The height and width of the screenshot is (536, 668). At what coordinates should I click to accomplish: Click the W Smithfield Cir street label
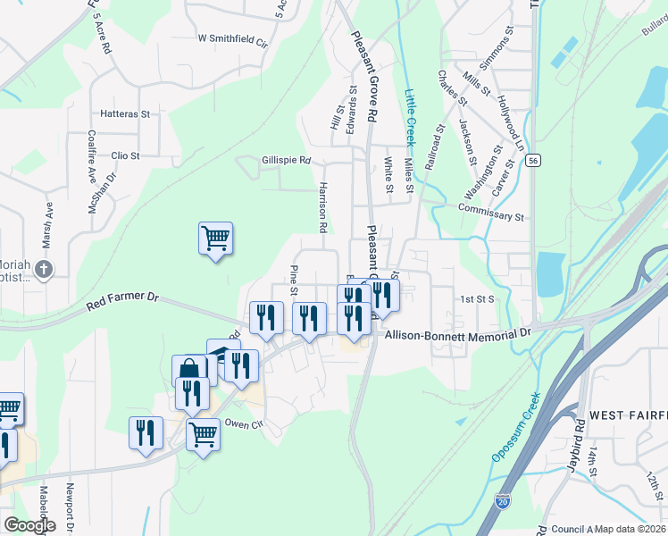point(233,40)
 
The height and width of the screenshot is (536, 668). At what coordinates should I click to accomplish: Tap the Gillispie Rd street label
point(286,161)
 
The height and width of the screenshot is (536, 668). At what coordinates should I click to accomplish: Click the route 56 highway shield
point(533,160)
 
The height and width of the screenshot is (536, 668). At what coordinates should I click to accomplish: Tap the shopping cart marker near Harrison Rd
point(215,239)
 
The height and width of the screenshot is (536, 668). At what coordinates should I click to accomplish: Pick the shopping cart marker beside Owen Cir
point(203,435)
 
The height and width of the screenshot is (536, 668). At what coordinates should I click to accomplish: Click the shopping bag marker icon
point(189,369)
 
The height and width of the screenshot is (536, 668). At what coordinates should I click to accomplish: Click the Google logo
point(29,525)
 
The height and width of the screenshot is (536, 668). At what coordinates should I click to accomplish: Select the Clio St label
point(125,155)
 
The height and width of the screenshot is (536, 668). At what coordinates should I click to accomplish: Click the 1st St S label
point(478,299)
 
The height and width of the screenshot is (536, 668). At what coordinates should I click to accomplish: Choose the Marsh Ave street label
point(48,223)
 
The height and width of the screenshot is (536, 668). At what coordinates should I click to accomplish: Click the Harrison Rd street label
point(321,208)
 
